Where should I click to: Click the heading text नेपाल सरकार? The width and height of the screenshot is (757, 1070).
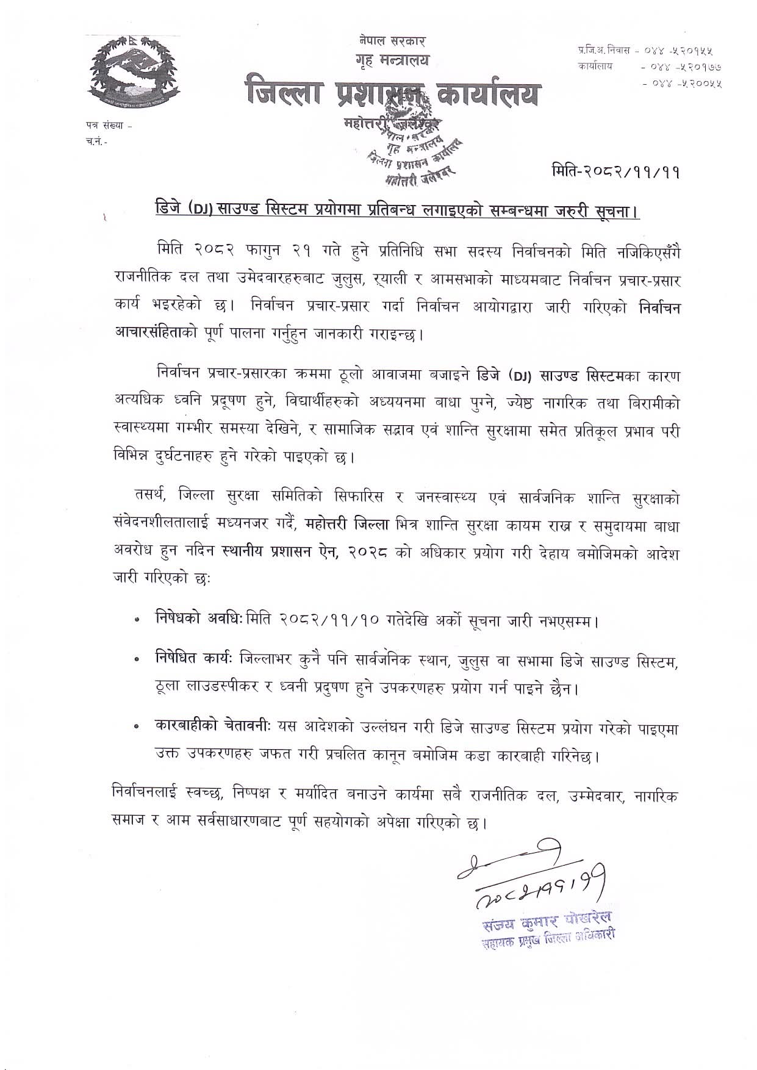[x=392, y=42]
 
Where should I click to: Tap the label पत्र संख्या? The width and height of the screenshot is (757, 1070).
[x=100, y=126]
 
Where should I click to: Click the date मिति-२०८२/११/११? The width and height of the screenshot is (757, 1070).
[x=615, y=173]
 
